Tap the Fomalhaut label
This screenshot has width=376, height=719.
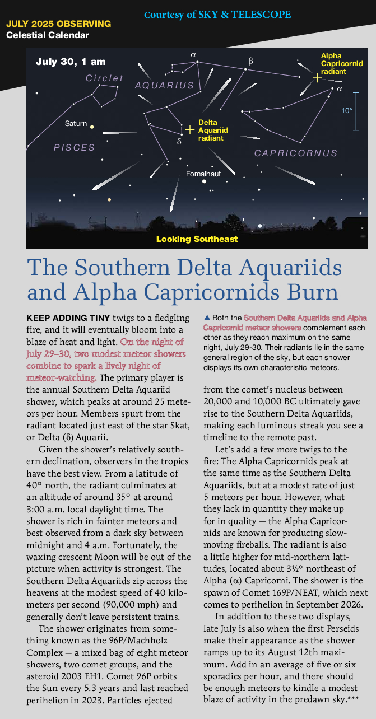(203, 174)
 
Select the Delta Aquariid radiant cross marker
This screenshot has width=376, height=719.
(190, 130)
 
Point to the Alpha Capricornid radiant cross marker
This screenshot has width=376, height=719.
(317, 78)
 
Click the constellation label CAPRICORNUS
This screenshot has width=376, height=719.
(296, 153)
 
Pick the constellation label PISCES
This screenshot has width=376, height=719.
(74, 147)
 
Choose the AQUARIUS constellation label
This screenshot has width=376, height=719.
(164, 86)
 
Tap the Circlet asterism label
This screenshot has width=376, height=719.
(104, 78)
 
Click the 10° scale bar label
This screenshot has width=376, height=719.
(347, 111)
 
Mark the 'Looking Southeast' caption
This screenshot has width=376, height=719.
(197, 239)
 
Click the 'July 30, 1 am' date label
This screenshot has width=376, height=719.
(71, 62)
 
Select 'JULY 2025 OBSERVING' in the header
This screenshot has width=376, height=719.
(58, 25)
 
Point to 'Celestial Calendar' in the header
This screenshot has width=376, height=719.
(48, 35)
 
